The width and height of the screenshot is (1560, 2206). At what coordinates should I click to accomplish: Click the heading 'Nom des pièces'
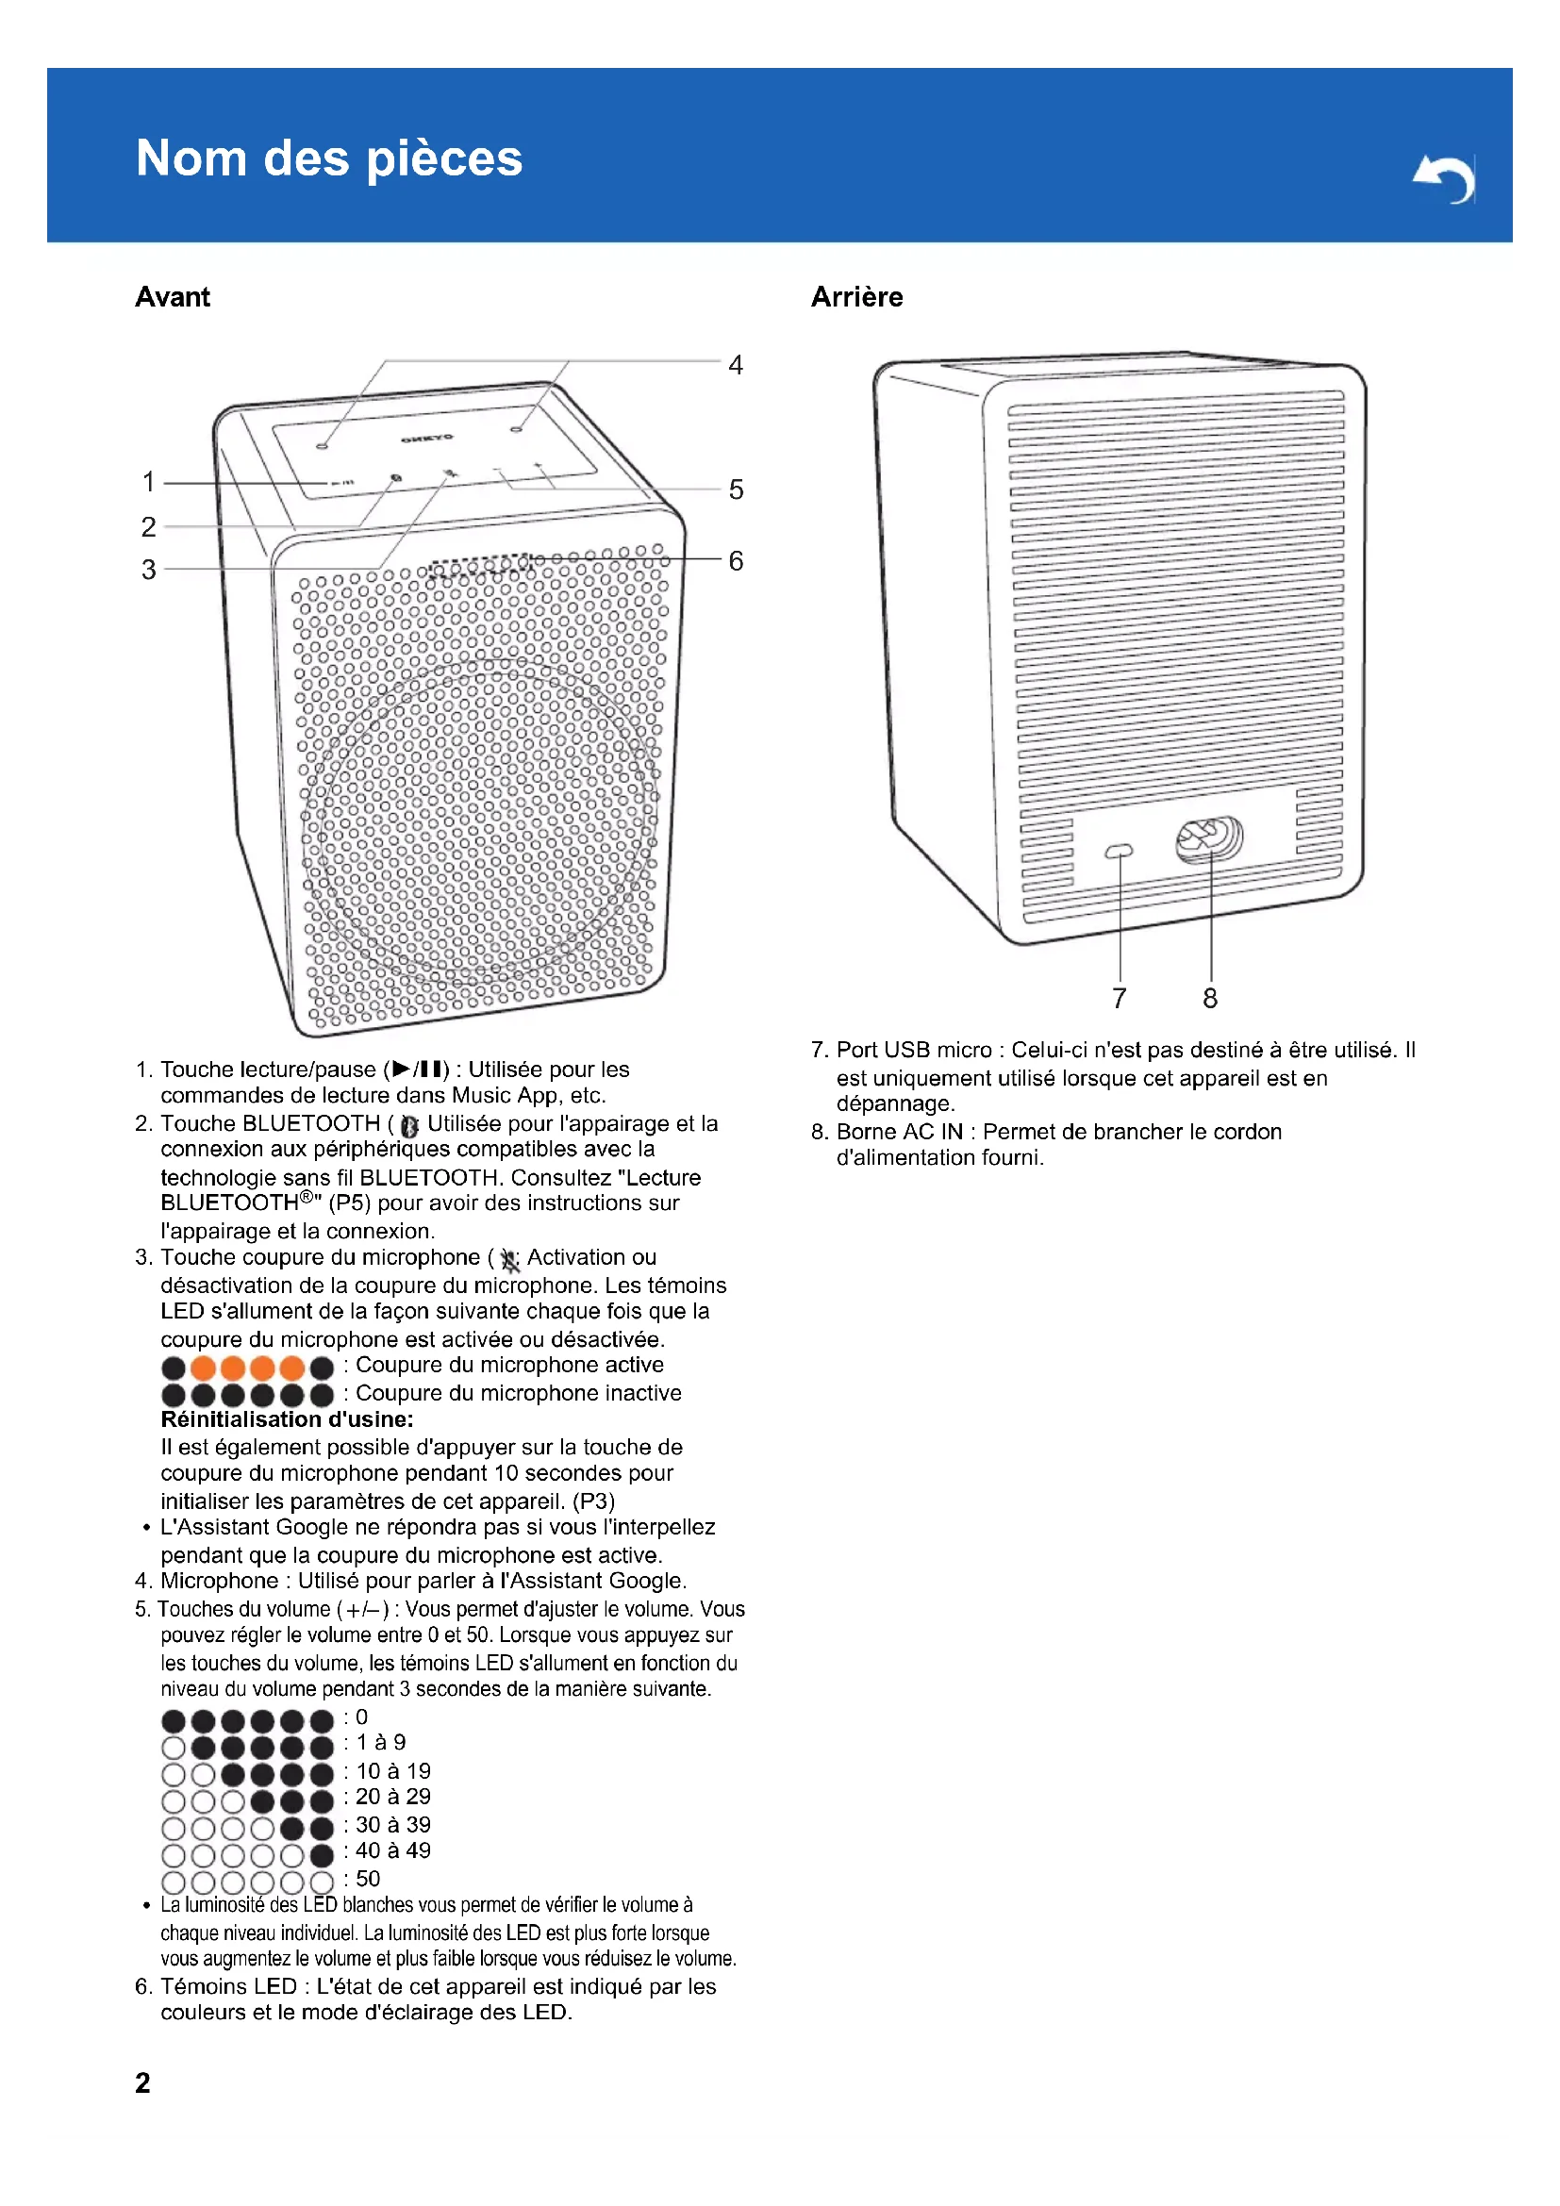328,158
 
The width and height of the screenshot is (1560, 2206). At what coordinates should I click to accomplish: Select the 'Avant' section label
172,297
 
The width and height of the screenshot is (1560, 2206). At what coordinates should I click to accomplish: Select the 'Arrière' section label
855,297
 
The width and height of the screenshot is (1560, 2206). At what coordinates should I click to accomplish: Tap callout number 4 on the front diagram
735,365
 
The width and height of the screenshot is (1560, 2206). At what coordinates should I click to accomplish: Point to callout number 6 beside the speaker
735,560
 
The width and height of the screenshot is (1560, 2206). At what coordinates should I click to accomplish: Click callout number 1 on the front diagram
149,480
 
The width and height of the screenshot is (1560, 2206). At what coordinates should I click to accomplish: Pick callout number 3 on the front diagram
149,569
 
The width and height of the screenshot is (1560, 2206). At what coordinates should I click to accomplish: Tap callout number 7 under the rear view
1120,998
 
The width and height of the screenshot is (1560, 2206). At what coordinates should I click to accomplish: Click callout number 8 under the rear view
1210,998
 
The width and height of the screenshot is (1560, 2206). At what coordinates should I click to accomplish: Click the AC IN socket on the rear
1209,839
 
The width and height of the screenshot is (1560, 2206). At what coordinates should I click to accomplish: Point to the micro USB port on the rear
1120,851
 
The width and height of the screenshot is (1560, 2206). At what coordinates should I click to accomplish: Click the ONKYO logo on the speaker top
427,439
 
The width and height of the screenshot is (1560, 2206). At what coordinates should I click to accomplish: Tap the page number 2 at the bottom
142,2082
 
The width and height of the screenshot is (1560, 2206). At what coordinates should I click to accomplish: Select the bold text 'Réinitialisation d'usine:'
288,1419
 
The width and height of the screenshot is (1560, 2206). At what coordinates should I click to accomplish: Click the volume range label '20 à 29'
393,1797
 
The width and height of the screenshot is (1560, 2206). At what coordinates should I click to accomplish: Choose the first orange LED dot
203,1368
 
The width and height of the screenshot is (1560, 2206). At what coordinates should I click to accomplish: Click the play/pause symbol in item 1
417,1069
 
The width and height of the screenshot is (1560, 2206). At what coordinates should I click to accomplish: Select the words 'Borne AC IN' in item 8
899,1132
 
